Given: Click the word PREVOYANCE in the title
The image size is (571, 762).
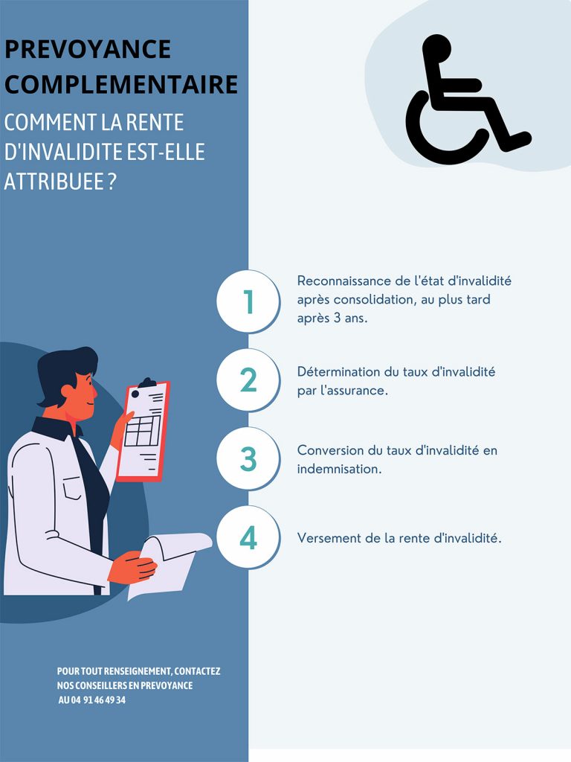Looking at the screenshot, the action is tap(88, 48).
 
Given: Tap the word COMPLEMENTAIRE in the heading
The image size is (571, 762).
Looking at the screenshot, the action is tap(121, 83).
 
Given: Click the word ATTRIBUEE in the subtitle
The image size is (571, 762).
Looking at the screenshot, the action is tap(54, 181).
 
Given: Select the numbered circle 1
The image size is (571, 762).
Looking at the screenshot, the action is tap(248, 301).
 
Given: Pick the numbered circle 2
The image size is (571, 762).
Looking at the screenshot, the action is tap(248, 380).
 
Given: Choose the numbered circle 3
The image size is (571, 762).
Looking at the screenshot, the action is tap(248, 458).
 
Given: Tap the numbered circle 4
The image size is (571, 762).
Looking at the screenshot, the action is tap(248, 537).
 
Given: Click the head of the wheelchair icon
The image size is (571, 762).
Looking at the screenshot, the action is tap(436, 48).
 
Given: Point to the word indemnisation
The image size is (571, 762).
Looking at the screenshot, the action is tap(339, 469).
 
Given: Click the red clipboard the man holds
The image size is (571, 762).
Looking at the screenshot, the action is tap(143, 430).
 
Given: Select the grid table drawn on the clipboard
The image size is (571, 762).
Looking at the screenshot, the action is tap(142, 431).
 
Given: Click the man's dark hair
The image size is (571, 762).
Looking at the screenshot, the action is tap(66, 369).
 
